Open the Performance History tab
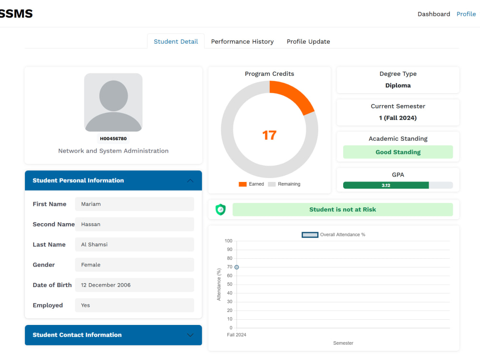[242, 41]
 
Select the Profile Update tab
[308, 41]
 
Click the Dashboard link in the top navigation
[434, 14]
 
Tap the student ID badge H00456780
[113, 138]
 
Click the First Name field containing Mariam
[134, 204]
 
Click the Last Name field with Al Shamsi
[134, 244]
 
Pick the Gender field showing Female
[134, 265]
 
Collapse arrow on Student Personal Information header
[190, 180]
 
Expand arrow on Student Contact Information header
[190, 335]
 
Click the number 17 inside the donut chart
[269, 135]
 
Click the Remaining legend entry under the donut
[284, 184]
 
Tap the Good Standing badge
[398, 152]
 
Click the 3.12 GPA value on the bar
[386, 185]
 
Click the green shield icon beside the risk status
[220, 209]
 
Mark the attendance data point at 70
[237, 267]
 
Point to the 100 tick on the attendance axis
[228, 241]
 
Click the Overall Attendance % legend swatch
[310, 235]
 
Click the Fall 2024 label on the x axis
[236, 335]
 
